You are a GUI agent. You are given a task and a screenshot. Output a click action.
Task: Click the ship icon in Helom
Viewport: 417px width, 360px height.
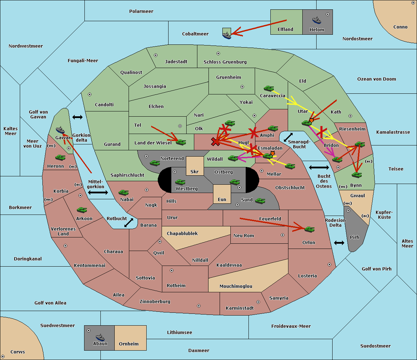(317, 20)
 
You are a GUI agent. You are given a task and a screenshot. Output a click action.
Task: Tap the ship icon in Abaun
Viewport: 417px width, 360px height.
(100, 337)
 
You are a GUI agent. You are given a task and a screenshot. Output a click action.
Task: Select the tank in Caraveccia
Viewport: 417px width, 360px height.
(269, 88)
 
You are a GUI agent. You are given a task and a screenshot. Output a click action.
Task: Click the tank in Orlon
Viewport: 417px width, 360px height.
(310, 229)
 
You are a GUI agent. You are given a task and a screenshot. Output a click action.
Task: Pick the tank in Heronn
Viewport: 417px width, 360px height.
(60, 157)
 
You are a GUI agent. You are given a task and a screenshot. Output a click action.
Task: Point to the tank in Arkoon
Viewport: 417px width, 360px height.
(82, 210)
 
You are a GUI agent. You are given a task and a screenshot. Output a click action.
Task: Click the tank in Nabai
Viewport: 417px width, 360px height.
(124, 192)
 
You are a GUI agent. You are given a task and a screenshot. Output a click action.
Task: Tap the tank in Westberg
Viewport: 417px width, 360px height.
(180, 182)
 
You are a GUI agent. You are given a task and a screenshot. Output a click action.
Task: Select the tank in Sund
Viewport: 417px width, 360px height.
(260, 201)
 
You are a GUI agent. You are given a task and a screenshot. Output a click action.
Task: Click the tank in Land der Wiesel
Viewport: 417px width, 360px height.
(181, 142)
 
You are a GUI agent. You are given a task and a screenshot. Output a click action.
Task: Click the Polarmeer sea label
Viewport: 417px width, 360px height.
(141, 11)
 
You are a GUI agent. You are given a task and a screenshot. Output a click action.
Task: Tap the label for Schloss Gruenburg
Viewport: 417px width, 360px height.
(225, 62)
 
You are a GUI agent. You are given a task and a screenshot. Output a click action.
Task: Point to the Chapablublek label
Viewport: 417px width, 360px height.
(182, 233)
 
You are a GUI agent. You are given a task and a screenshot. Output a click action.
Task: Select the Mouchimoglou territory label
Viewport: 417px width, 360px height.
(236, 286)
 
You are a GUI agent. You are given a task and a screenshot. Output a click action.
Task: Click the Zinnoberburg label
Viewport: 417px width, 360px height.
(155, 302)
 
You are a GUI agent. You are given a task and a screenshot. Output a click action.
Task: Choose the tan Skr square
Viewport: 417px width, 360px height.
(195, 166)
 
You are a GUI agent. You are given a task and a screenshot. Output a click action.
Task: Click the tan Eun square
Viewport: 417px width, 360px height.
(222, 194)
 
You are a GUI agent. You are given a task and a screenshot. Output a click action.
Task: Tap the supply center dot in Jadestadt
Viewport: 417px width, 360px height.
(156, 55)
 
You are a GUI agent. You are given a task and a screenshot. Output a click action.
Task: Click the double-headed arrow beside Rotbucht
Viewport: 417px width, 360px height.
(129, 223)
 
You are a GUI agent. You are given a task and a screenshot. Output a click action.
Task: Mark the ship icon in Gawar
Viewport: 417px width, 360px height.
(60, 130)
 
